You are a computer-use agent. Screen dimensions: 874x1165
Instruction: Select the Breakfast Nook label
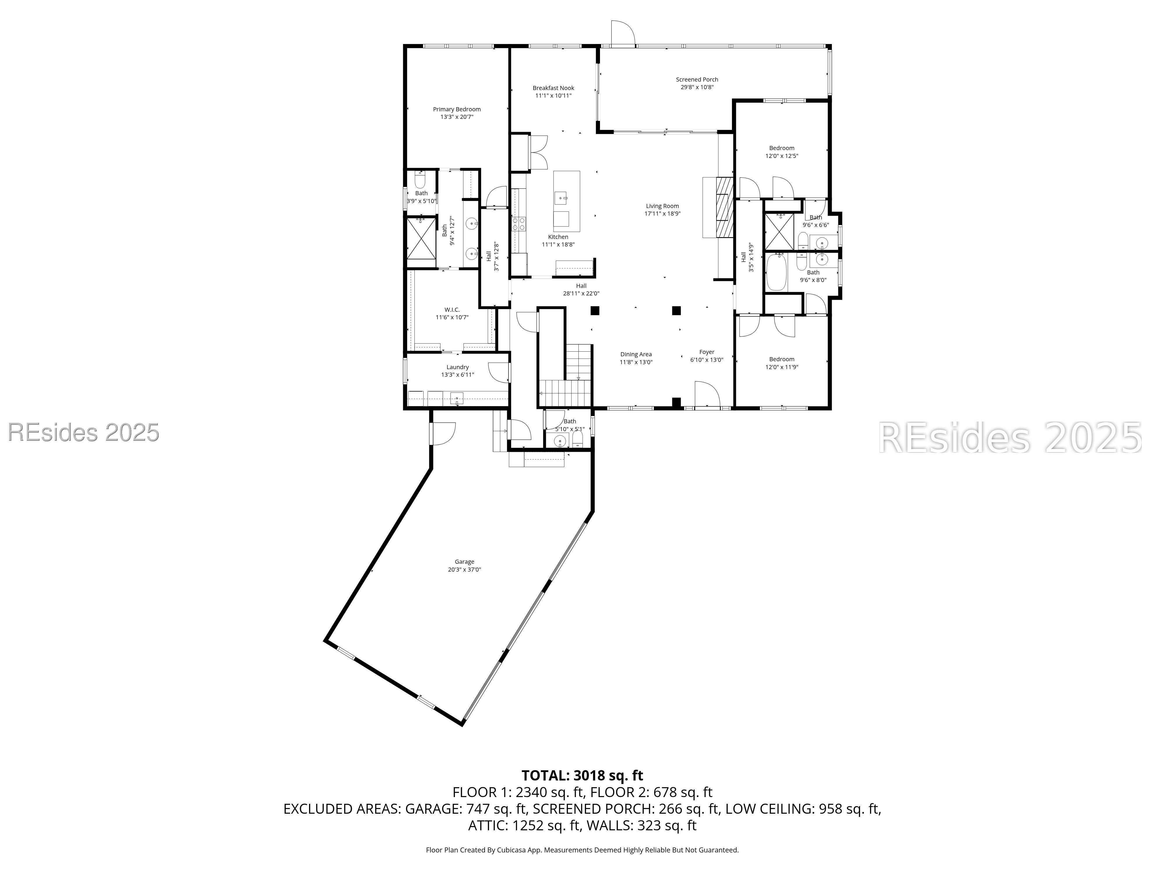pyautogui.click(x=553, y=88)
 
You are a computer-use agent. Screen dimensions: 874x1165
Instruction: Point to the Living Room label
pyautogui.click(x=662, y=206)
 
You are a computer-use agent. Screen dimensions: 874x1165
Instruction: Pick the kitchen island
pyautogui.click(x=567, y=201)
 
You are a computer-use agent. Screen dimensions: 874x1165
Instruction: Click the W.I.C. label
pyautogui.click(x=452, y=310)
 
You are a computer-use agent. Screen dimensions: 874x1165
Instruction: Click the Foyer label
pyautogui.click(x=706, y=352)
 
